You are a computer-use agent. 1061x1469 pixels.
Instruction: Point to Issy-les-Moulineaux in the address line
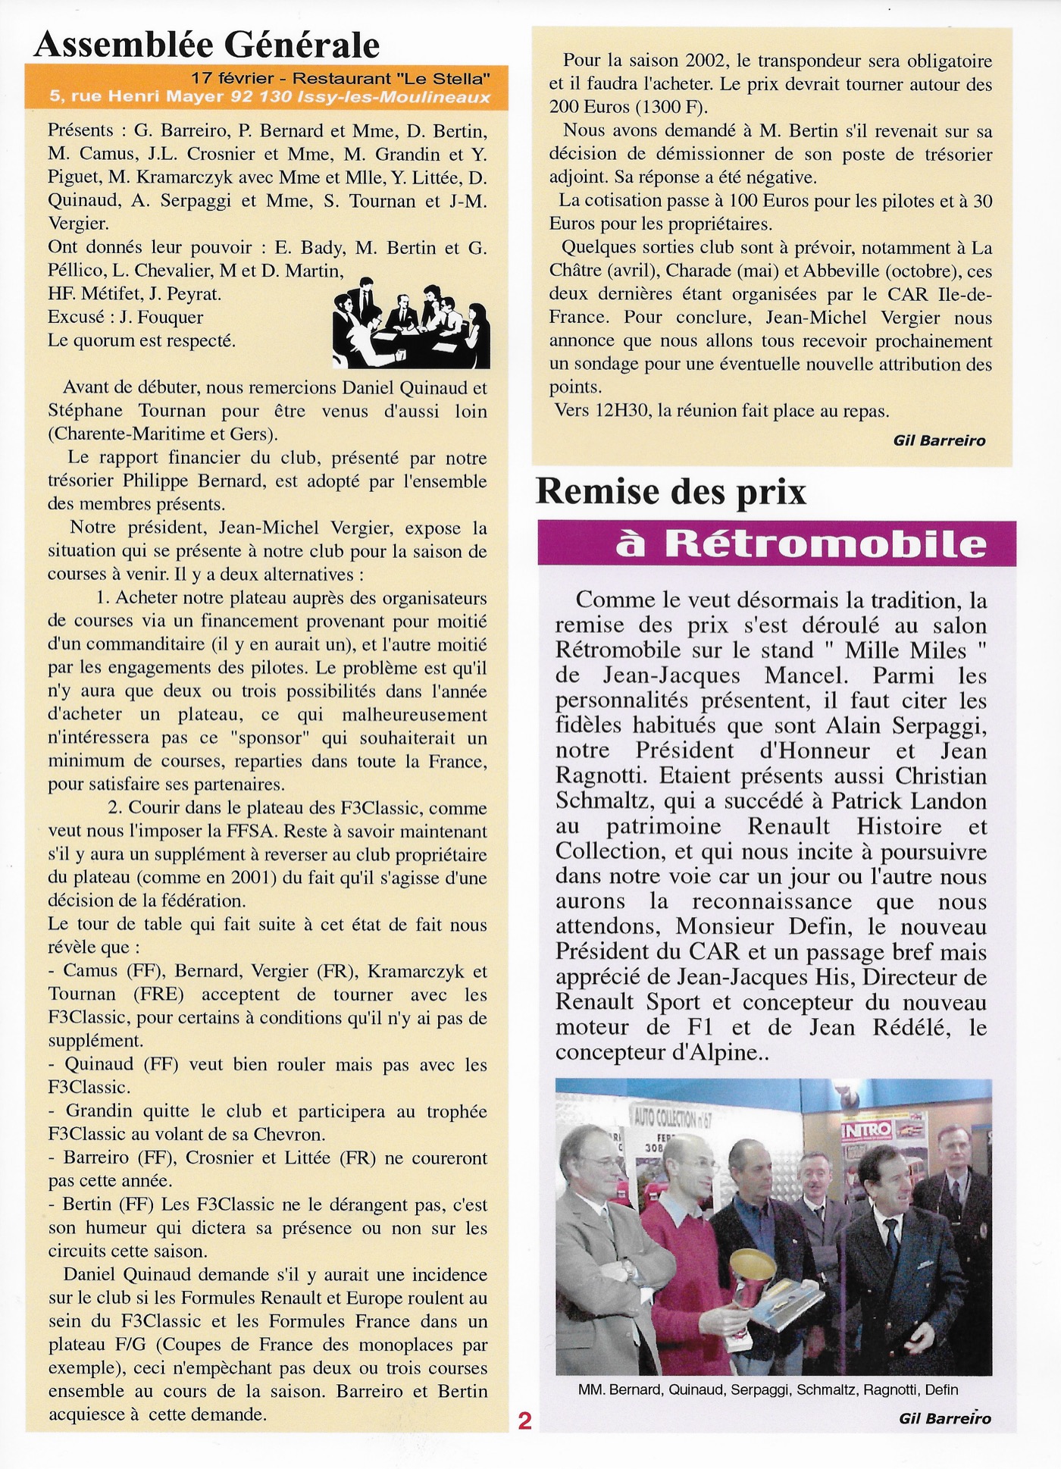pyautogui.click(x=416, y=97)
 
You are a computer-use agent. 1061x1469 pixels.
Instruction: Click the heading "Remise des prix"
pyautogui.click(x=670, y=492)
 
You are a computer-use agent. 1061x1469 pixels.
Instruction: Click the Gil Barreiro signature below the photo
pyautogui.click(x=944, y=1418)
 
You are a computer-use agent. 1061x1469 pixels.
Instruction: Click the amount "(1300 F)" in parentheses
pyautogui.click(x=665, y=107)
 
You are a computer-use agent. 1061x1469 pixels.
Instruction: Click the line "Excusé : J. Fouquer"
pyautogui.click(x=125, y=317)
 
